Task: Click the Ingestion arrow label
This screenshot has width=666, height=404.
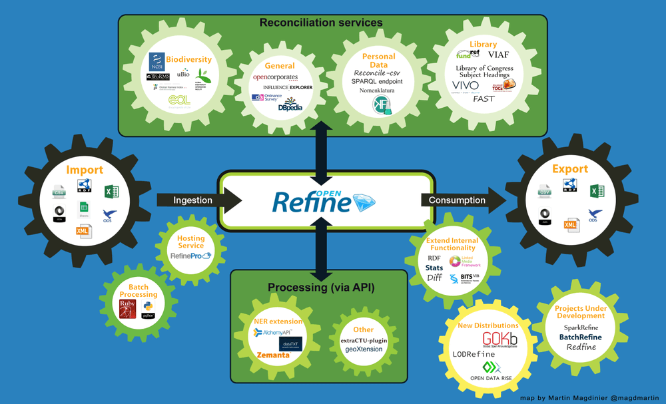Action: (x=192, y=200)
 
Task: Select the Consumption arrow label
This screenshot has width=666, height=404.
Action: (x=457, y=200)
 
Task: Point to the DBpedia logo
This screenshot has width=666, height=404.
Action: (x=290, y=104)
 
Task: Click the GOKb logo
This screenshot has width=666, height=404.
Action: (x=499, y=340)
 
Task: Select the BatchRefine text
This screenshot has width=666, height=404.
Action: (x=580, y=337)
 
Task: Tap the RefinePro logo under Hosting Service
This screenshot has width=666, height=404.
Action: (x=190, y=256)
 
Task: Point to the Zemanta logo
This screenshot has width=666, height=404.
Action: (x=273, y=355)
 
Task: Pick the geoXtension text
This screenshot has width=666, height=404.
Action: (x=364, y=349)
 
